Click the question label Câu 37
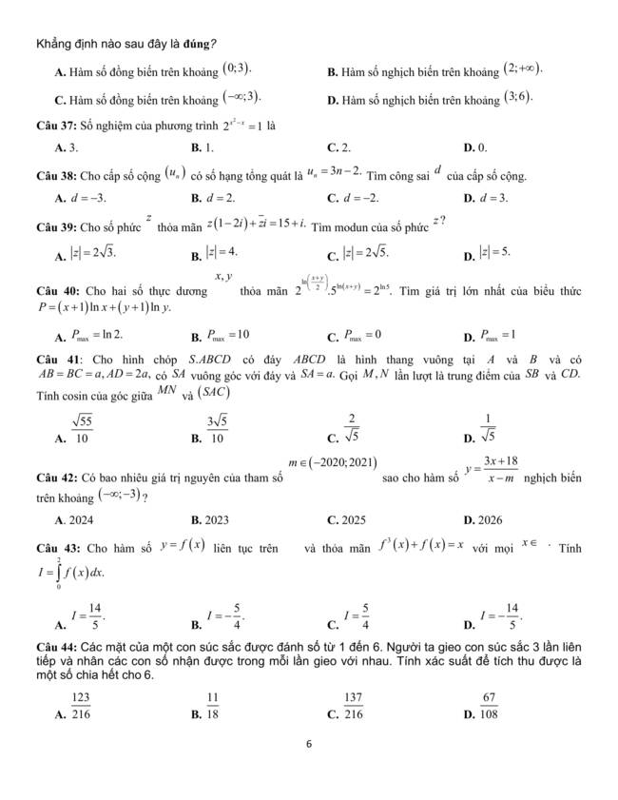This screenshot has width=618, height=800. tap(54, 125)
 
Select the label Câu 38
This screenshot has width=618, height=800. tap(54, 176)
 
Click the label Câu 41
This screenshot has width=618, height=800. tap(55, 358)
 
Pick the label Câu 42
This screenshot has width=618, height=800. tap(54, 475)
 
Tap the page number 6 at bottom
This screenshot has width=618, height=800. tap(309, 744)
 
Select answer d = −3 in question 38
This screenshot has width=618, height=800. tap(87, 198)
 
